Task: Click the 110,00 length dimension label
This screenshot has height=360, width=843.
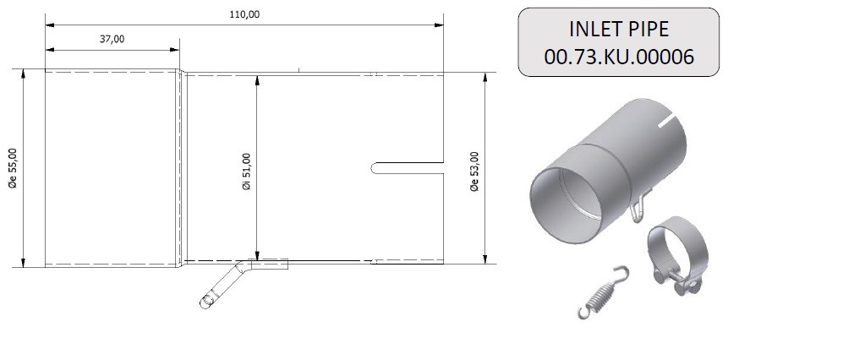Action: pos(244,14)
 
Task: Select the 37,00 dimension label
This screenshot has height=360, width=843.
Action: pos(112,39)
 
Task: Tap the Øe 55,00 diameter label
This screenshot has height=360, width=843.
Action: pos(13,168)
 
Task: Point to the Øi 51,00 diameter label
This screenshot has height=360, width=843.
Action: pos(247,172)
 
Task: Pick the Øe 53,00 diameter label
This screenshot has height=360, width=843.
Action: pos(474,172)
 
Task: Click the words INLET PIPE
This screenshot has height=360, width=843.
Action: pos(619,29)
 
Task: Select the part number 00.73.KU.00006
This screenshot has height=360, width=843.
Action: pos(619,57)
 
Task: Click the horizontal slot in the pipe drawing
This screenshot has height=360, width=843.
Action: pos(407,167)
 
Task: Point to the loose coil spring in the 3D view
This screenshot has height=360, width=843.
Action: pos(604,293)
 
